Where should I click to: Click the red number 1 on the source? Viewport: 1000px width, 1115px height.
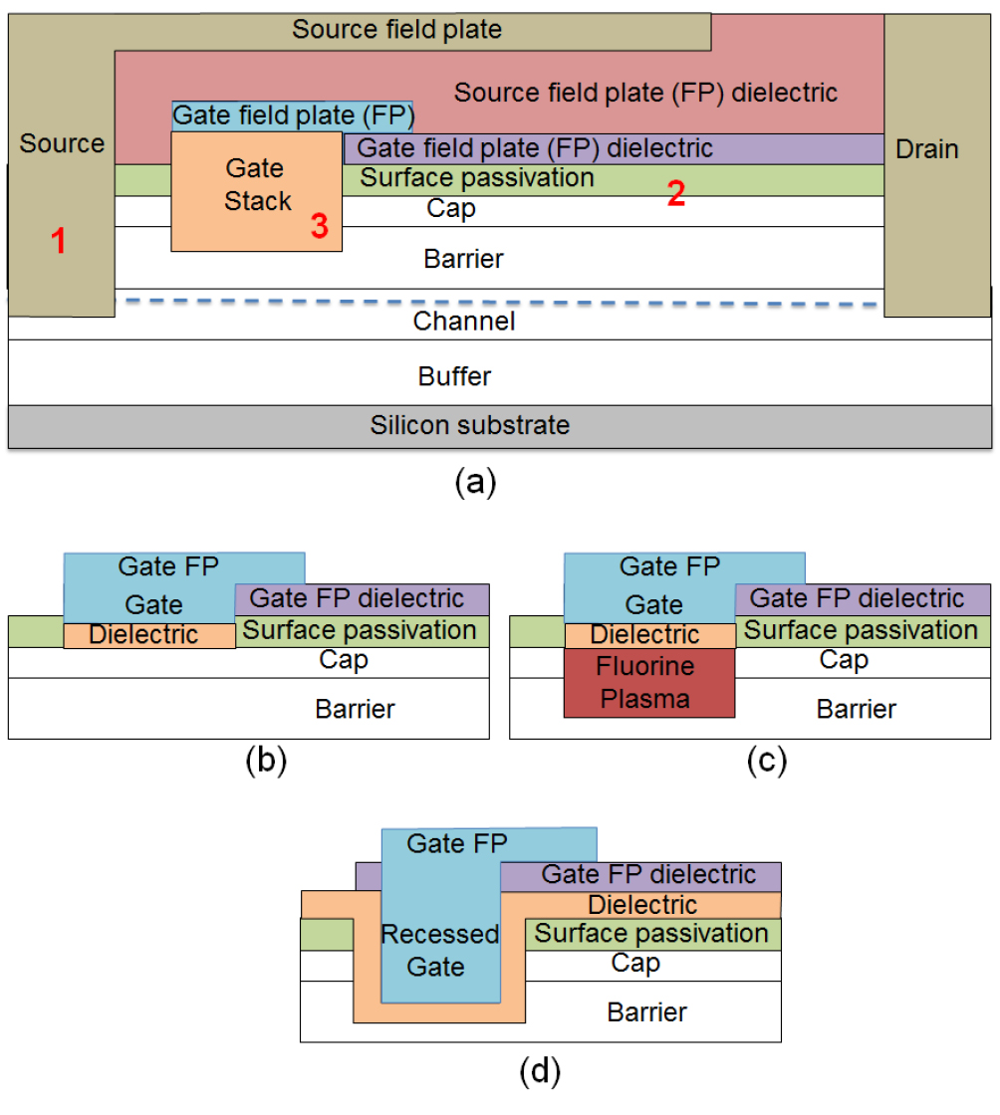[59, 241]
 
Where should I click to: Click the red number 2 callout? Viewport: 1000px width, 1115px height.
[675, 194]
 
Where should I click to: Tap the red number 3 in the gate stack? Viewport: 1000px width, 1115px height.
[319, 226]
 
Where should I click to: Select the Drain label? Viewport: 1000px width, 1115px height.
[926, 149]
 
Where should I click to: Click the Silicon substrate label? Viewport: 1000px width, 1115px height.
[470, 426]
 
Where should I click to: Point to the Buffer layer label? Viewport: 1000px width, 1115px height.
[454, 376]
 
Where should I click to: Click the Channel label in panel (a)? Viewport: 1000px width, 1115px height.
[463, 321]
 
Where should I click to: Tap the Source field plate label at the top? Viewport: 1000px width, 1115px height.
[396, 29]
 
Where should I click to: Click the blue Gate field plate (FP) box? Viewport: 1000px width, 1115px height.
[293, 115]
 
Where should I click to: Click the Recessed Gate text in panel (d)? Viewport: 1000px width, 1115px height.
[439, 950]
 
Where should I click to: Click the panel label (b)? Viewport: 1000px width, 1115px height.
[266, 761]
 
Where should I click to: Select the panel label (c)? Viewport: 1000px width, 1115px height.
[767, 761]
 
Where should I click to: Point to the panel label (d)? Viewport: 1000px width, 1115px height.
[540, 1072]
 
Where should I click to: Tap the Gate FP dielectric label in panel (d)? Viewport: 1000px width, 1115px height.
[648, 875]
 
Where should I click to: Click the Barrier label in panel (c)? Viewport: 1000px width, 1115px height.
[857, 710]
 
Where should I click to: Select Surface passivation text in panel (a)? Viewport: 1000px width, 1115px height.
[477, 178]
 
